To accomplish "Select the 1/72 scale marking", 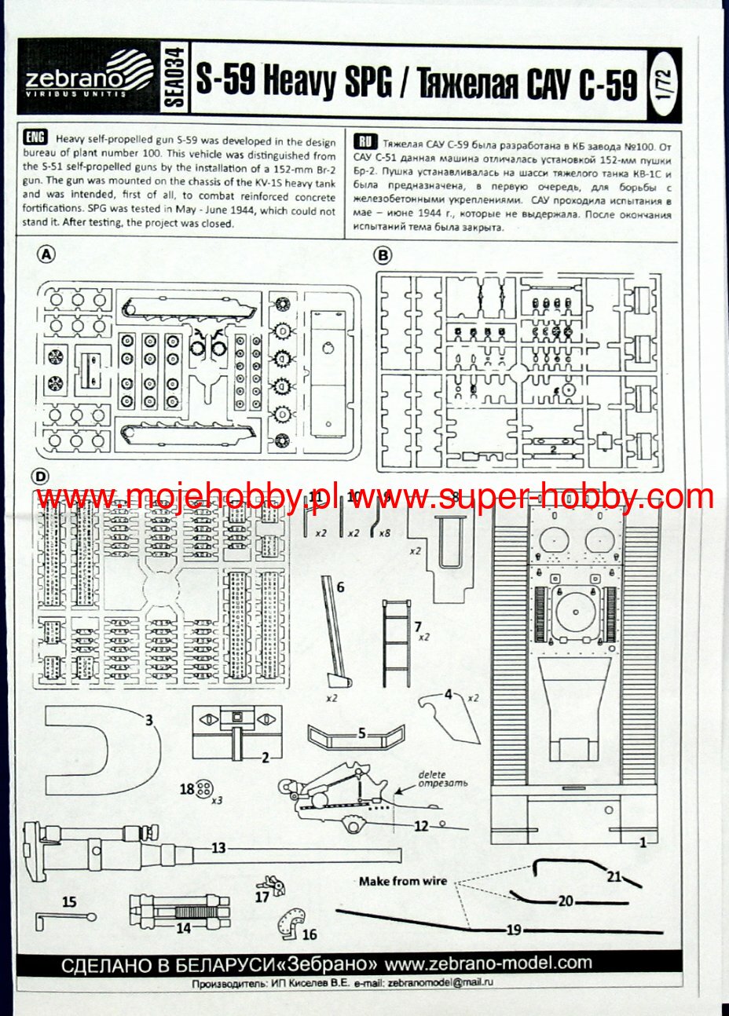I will pyautogui.click(x=663, y=80).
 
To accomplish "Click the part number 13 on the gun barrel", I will pyautogui.click(x=218, y=848).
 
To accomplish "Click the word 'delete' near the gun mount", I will pyautogui.click(x=432, y=774).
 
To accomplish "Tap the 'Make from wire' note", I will pyautogui.click(x=402, y=881).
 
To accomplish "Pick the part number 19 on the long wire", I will pyautogui.click(x=514, y=930).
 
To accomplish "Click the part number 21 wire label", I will pyautogui.click(x=614, y=876).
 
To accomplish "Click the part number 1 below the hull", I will pyautogui.click(x=643, y=842).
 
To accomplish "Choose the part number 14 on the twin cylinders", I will pyautogui.click(x=184, y=927).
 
